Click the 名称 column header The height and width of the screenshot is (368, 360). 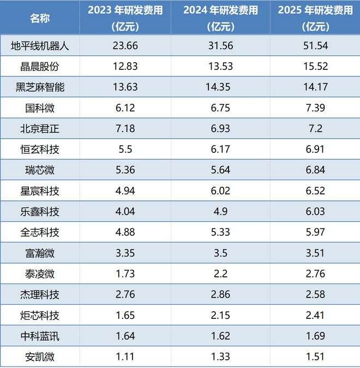click(40, 19)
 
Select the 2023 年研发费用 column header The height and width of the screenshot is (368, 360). click(125, 19)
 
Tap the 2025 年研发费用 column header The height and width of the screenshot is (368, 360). click(315, 19)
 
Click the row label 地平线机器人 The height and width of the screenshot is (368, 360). click(40, 45)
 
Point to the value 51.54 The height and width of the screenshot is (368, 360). click(315, 45)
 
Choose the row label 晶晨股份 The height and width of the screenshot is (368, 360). click(40, 67)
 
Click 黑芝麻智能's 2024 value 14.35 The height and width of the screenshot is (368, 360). click(218, 87)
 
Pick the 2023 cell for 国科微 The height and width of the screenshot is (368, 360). click(125, 108)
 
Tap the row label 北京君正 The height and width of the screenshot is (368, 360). click(40, 129)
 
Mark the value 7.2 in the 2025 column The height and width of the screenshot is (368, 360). click(315, 129)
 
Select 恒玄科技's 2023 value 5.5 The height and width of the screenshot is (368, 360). click(125, 149)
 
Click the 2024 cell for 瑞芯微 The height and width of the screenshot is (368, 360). click(220, 170)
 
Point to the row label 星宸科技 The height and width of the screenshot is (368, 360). click(40, 191)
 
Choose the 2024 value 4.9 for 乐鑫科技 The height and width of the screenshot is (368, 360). click(220, 211)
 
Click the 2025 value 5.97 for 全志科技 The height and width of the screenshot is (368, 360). click(315, 232)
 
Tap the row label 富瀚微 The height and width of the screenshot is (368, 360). click(40, 253)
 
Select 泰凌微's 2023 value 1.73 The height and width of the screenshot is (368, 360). click(125, 274)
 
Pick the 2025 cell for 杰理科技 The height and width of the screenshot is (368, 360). click(315, 294)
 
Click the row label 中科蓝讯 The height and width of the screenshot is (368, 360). click(40, 336)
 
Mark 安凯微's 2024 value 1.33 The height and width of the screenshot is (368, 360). click(220, 357)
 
